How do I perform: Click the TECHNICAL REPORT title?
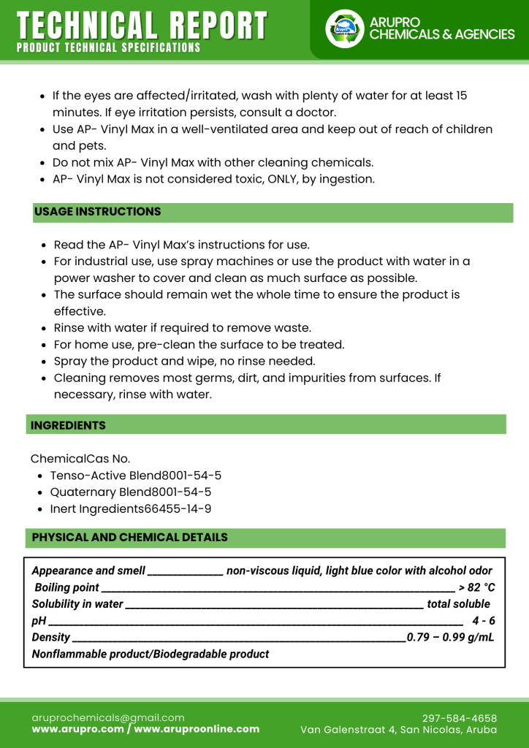pyautogui.click(x=142, y=25)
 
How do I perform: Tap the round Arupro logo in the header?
pyautogui.click(x=344, y=29)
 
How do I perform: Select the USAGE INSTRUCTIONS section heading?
pyautogui.click(x=98, y=212)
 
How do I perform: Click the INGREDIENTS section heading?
pyautogui.click(x=69, y=425)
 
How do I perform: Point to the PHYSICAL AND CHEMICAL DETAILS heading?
pyautogui.click(x=130, y=538)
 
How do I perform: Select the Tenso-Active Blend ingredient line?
pyautogui.click(x=135, y=476)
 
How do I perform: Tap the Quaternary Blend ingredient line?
pyautogui.click(x=130, y=492)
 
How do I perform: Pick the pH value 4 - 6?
pyautogui.click(x=483, y=621)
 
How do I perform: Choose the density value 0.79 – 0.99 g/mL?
pyautogui.click(x=450, y=638)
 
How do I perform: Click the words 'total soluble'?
pyautogui.click(x=458, y=604)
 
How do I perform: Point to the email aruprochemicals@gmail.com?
pyautogui.click(x=108, y=717)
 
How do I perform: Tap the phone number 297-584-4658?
pyautogui.click(x=460, y=718)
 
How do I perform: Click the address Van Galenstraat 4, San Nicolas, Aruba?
pyautogui.click(x=398, y=730)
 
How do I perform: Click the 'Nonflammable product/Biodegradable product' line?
pyautogui.click(x=151, y=654)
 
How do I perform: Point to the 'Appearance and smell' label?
pyautogui.click(x=88, y=570)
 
